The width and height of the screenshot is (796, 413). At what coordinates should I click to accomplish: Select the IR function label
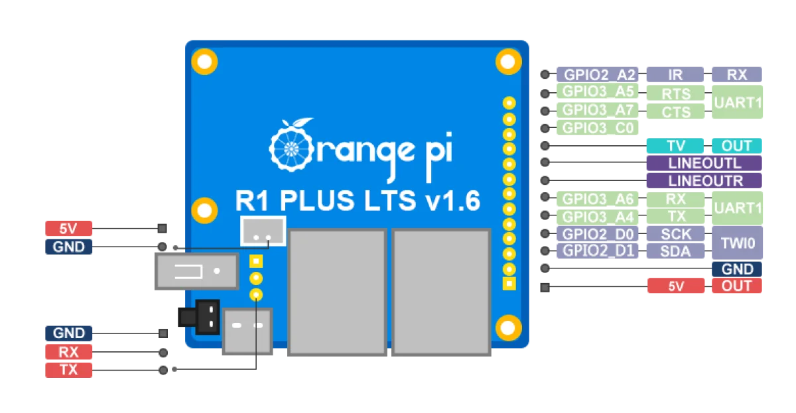(676, 74)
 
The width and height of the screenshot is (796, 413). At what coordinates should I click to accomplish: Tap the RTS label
(676, 94)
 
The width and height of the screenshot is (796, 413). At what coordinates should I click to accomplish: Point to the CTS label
(676, 112)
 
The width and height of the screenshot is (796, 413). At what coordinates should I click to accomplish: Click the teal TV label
(676, 146)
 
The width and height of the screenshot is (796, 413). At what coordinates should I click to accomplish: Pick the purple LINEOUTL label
(704, 163)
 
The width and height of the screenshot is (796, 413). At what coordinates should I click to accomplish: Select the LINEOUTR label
(704, 180)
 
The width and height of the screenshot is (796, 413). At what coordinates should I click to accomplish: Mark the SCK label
(676, 234)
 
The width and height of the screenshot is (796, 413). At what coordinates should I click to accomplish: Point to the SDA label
(676, 251)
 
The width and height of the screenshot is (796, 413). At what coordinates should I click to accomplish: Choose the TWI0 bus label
(737, 243)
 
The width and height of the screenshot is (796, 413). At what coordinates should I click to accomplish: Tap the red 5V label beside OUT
(676, 286)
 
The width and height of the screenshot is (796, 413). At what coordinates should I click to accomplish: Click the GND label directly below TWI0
(737, 269)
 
